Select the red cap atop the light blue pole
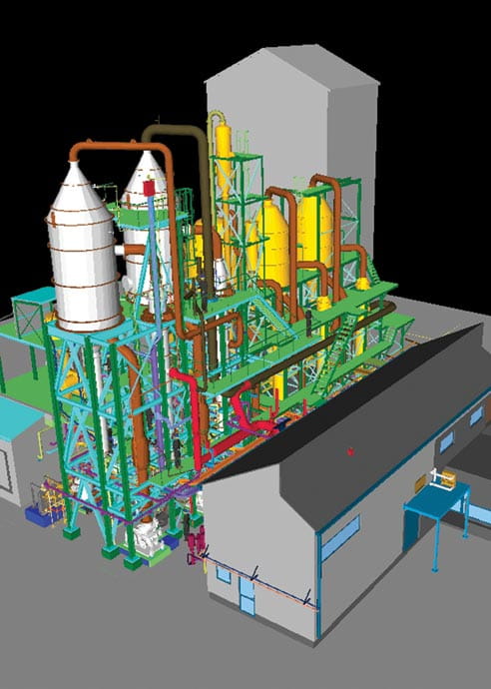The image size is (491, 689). (x=150, y=186)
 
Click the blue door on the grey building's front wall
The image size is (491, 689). (x=245, y=595)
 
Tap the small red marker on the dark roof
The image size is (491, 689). (x=349, y=452)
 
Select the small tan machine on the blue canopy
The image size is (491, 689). (x=444, y=480)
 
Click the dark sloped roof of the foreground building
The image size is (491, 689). (x=369, y=419)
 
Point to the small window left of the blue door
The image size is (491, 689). (x=222, y=575)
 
